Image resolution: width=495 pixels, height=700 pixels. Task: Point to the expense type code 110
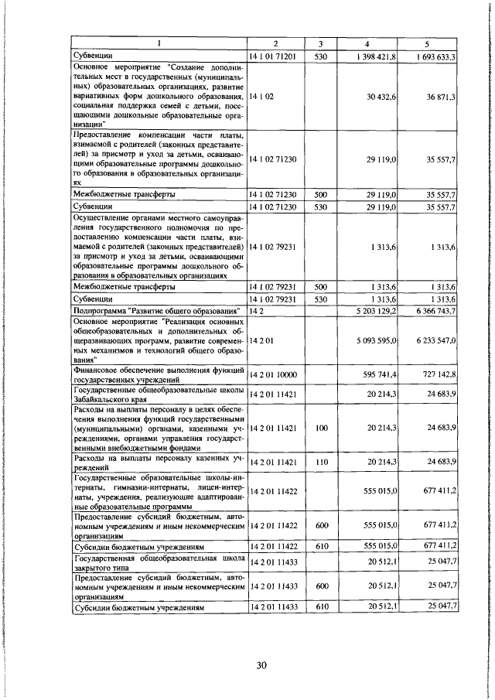(x=322, y=462)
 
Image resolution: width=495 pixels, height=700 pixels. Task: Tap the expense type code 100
(x=322, y=427)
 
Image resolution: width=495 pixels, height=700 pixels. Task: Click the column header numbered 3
(x=322, y=44)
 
